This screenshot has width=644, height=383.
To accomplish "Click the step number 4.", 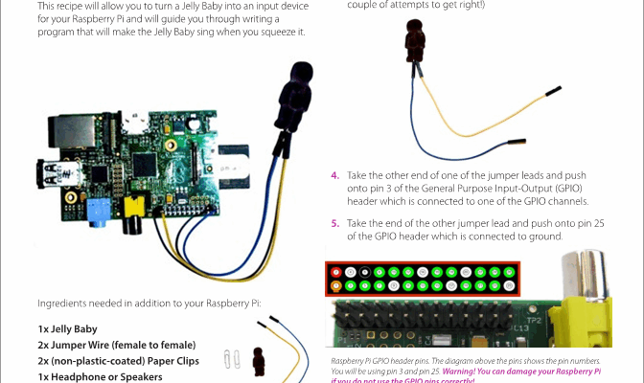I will click(x=335, y=176).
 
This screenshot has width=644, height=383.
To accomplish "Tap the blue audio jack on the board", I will click(x=95, y=208).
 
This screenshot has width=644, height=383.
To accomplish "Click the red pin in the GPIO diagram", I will click(x=336, y=271).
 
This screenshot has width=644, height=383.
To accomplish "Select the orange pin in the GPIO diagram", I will click(x=336, y=285).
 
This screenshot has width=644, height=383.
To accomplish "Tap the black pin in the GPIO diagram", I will click(x=367, y=271).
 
